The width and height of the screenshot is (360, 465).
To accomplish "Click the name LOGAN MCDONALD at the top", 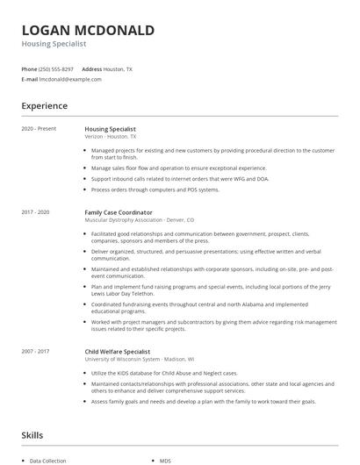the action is (x=88, y=31).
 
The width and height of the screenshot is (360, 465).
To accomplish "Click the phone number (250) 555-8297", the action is (x=56, y=68).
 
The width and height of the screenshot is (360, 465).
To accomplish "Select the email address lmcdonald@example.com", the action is (x=70, y=79).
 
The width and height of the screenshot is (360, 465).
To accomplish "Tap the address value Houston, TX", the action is (x=118, y=68).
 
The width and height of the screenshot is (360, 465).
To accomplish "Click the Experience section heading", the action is (x=45, y=106).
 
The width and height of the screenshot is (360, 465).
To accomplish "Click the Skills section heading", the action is (x=32, y=434).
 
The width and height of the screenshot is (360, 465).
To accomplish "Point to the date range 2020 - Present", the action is (x=39, y=129).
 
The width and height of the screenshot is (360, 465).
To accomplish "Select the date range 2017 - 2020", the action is (x=36, y=212).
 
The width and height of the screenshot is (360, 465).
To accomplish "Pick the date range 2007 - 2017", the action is (x=36, y=326).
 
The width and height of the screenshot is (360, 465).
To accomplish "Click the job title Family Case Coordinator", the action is (x=119, y=212).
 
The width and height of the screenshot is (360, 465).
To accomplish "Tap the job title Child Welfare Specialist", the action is (x=118, y=326).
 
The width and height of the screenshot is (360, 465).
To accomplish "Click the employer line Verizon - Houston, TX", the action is (x=111, y=137).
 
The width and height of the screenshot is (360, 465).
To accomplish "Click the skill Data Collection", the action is (x=49, y=461).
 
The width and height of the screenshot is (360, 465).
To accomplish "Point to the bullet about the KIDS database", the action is (x=165, y=348).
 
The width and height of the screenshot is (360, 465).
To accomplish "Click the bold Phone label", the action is (x=29, y=68).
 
